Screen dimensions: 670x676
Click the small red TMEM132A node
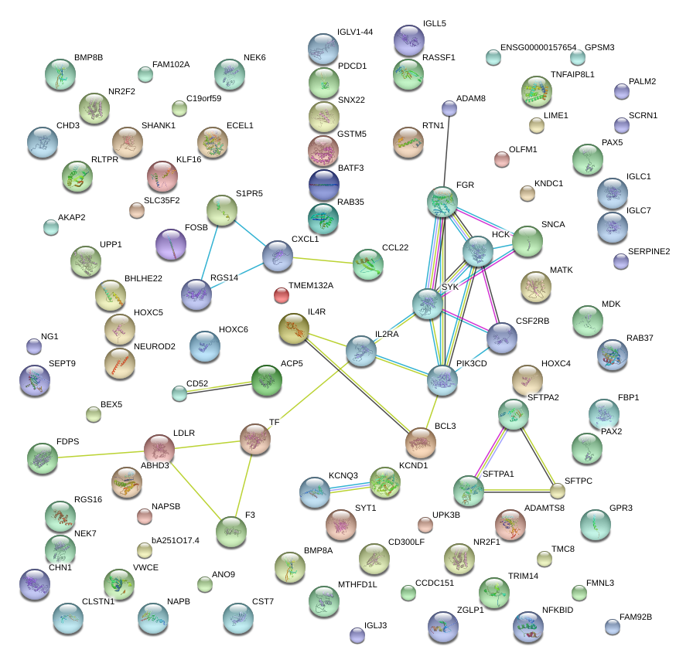point(282,294)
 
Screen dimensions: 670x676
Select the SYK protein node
point(427,304)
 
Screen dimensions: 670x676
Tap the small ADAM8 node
point(449,107)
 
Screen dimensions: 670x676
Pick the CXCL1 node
point(278,256)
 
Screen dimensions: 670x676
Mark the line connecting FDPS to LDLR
point(101,452)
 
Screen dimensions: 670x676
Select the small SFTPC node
point(558,491)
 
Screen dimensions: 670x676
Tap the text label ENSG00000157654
point(538,48)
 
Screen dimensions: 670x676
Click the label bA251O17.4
point(176,540)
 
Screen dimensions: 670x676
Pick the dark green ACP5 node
point(267,379)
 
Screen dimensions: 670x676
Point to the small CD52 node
point(179,393)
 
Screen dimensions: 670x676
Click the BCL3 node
point(421,442)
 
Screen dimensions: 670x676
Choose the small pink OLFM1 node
point(502,160)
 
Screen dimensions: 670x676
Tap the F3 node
point(230,531)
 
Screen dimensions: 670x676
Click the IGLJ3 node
point(357,635)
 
